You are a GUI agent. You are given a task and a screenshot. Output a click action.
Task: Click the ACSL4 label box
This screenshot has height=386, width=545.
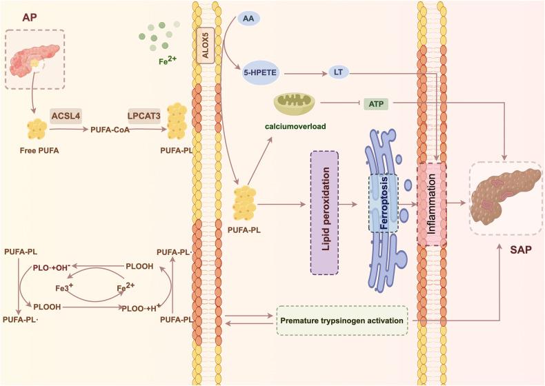[x=66, y=116]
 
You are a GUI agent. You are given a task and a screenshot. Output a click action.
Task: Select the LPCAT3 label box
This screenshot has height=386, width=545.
[x=145, y=116]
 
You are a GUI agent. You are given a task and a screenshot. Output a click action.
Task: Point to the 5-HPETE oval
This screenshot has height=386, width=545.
[x=263, y=72]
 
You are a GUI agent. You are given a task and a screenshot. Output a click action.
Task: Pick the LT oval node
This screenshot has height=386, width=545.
[x=338, y=72]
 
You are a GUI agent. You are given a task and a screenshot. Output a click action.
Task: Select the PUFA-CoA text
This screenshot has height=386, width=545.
[x=109, y=129]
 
